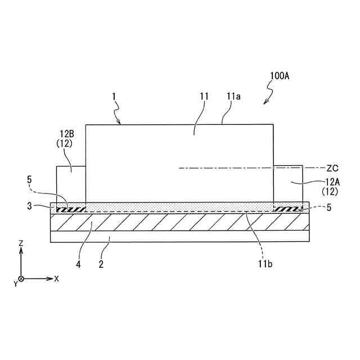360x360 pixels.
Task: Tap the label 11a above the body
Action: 234,96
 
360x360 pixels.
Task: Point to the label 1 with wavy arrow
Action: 114,96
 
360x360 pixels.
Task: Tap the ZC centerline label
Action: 333,168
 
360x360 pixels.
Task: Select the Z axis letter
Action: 21,243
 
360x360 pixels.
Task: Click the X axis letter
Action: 56,278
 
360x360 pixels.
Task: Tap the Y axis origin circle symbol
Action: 21,278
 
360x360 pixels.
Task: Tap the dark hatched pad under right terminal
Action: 287,209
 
